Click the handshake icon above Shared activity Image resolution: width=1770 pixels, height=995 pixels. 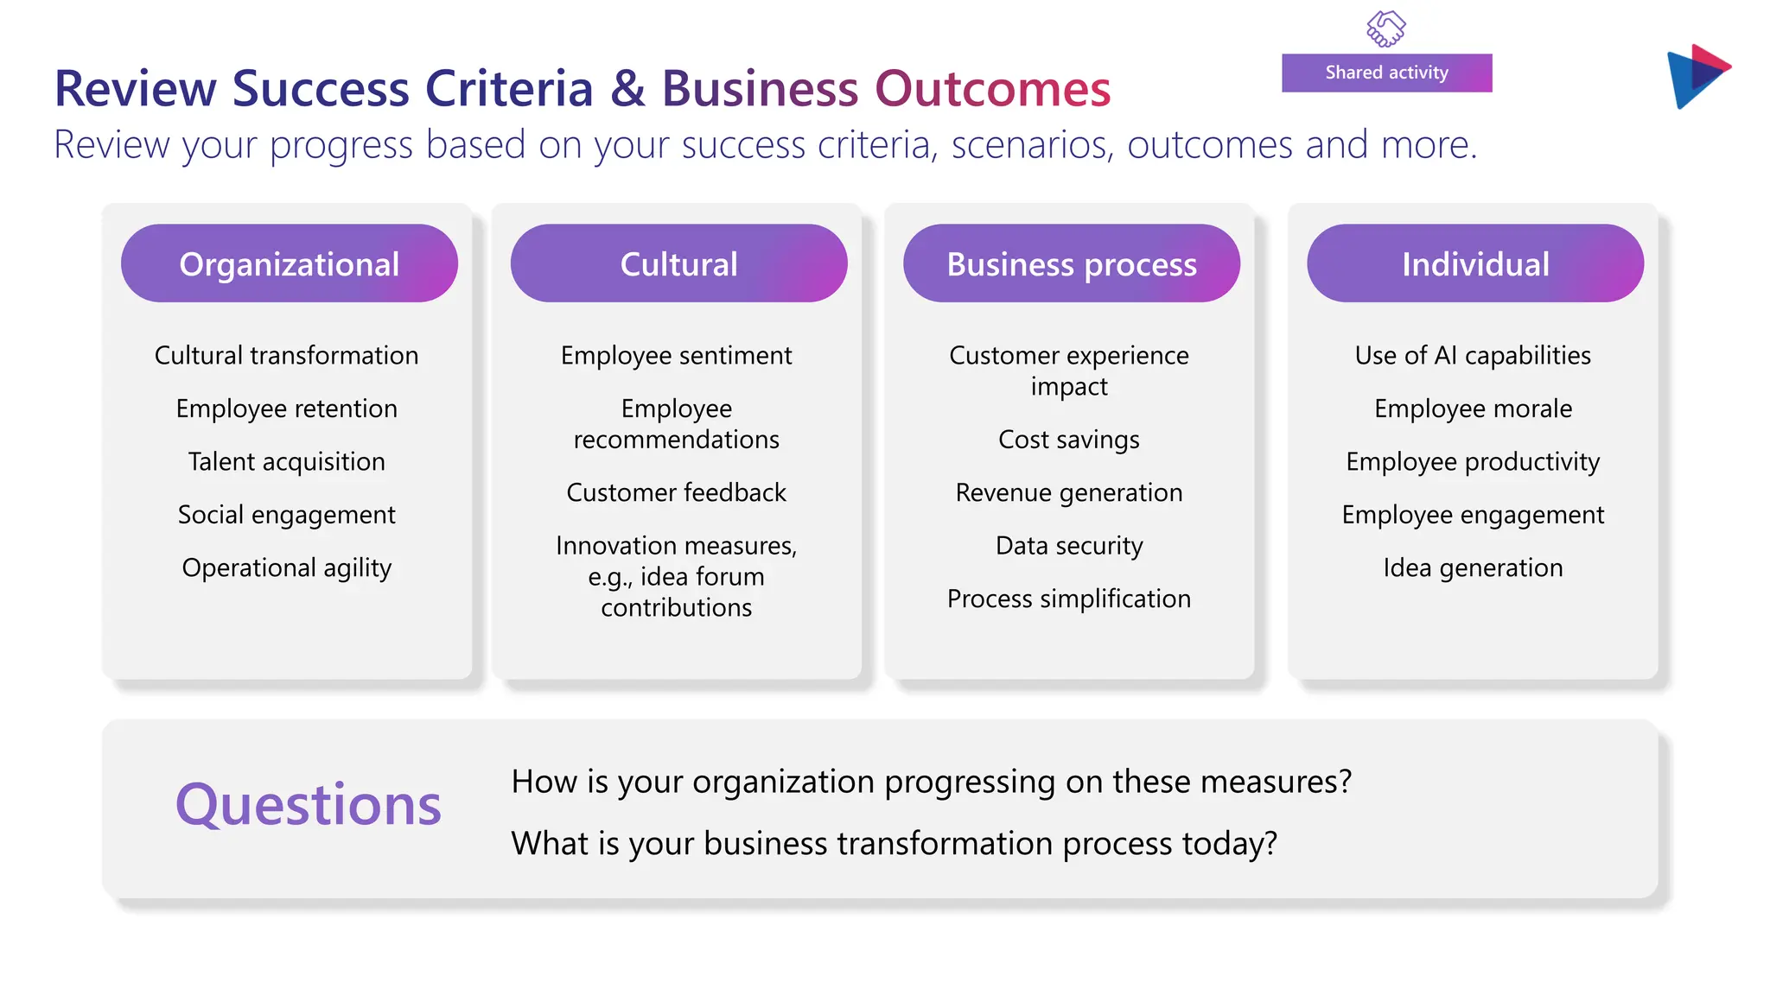coord(1386,29)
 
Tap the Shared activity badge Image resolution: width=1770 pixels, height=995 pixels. coord(1386,73)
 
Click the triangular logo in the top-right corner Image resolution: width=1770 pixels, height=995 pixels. coord(1697,76)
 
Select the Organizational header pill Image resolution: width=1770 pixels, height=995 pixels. coord(289,263)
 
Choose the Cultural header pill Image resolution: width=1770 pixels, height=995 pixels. coord(678,263)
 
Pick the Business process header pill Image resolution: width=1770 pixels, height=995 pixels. coord(1071,263)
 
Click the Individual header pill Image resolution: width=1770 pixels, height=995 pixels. coord(1474,263)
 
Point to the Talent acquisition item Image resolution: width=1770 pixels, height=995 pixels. coord(287,461)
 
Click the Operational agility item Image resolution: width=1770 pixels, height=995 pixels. coord(287,567)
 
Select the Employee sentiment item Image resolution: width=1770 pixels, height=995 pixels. coord(676,355)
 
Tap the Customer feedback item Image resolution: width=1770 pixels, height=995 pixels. coord(676,492)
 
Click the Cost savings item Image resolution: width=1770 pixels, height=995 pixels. coord(1069,440)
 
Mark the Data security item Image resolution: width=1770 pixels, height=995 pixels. coord(1069,546)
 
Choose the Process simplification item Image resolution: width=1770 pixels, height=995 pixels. coord(1069,599)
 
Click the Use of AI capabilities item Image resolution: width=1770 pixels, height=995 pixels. coord(1473,355)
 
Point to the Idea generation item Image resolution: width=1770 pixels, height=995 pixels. coord(1473,567)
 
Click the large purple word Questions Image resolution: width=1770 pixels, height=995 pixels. coord(309,805)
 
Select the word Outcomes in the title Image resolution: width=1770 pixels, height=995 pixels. coord(992,88)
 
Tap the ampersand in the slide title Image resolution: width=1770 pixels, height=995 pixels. coord(628,88)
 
